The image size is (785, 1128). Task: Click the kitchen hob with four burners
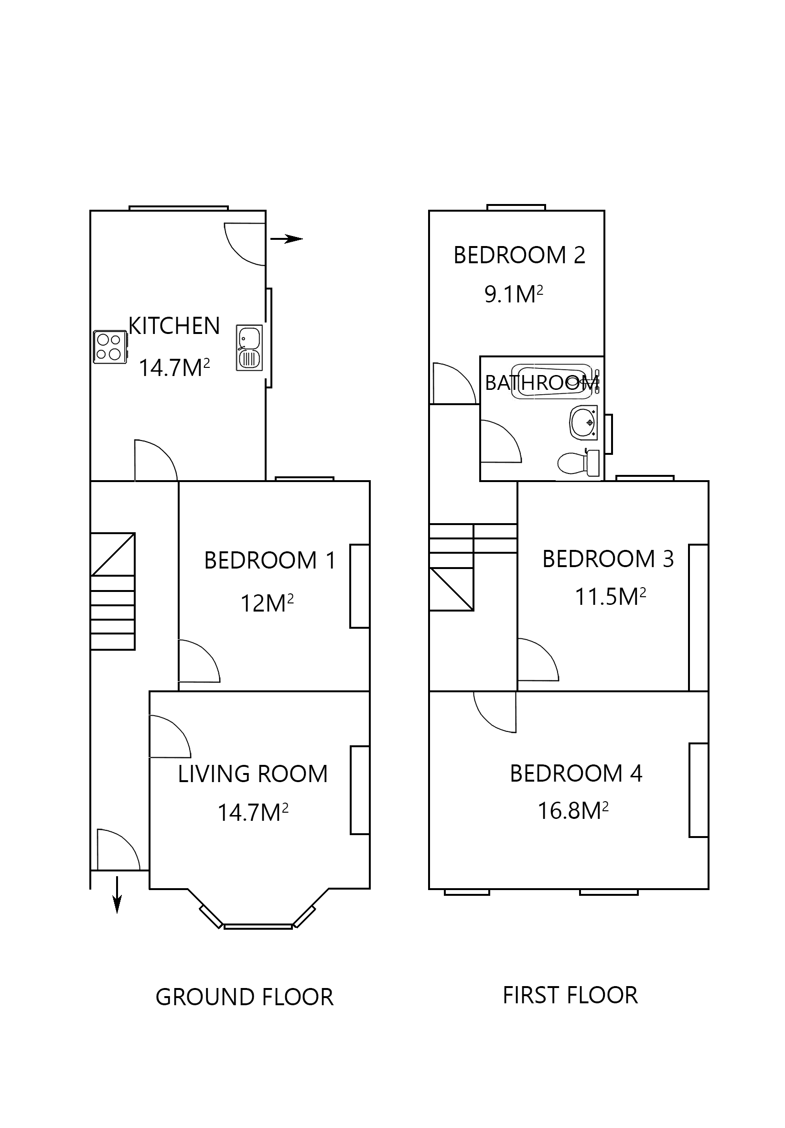[x=109, y=346]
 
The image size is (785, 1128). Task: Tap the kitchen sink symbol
[x=248, y=347]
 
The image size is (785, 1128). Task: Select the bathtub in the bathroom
[x=553, y=381]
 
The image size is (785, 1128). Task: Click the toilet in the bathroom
[x=579, y=463]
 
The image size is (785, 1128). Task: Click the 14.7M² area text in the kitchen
[x=174, y=368]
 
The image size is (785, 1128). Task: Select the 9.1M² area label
[x=513, y=295]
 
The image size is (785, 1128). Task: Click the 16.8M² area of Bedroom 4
[x=572, y=811]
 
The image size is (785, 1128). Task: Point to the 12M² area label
[x=266, y=604]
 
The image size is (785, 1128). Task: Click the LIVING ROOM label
[x=252, y=774]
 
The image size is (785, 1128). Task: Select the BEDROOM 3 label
[x=607, y=559]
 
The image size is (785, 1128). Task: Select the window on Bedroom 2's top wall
[x=516, y=207]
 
